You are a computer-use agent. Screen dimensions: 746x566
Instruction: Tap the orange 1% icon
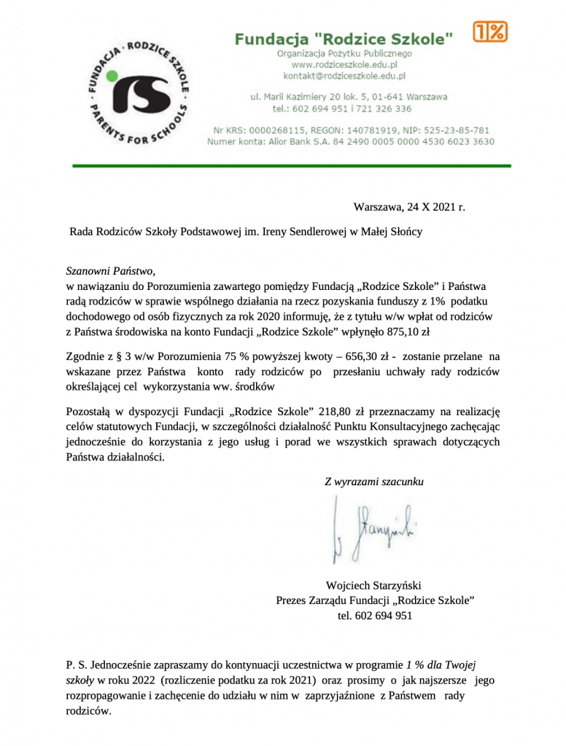[489, 31]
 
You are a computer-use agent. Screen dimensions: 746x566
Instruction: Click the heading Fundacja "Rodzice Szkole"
[344, 39]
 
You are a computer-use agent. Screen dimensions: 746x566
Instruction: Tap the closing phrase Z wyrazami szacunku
[374, 482]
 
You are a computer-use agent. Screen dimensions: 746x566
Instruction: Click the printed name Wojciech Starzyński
[374, 585]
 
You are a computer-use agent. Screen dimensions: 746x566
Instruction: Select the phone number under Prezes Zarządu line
[375, 616]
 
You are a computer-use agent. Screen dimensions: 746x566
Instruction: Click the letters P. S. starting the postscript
[77, 665]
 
